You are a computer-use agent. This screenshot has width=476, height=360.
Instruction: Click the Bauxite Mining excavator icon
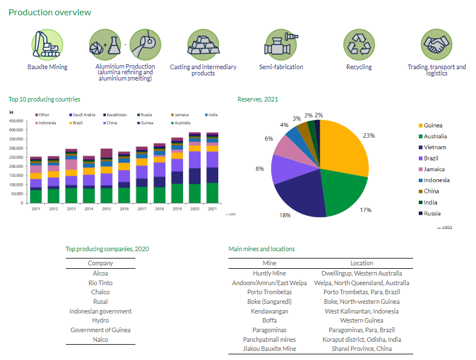pyautogui.click(x=47, y=43)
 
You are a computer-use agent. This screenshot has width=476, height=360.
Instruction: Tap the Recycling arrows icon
pyautogui.click(x=359, y=43)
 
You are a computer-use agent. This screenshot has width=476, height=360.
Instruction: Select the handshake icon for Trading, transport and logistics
pyautogui.click(x=436, y=43)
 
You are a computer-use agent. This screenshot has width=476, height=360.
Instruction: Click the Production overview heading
pyautogui.click(x=50, y=12)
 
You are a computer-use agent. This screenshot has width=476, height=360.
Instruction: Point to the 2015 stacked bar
pyautogui.click(x=106, y=176)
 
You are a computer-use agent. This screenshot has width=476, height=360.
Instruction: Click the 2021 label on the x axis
pyautogui.click(x=211, y=209)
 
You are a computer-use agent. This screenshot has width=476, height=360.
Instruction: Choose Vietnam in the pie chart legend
pyautogui.click(x=435, y=147)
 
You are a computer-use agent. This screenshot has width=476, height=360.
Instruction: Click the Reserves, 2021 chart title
pyautogui.click(x=257, y=100)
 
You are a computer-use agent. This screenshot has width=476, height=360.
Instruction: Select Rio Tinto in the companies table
pyautogui.click(x=100, y=283)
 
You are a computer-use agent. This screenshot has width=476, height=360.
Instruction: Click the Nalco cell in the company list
pyautogui.click(x=100, y=340)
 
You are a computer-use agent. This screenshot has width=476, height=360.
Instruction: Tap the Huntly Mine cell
pyautogui.click(x=270, y=273)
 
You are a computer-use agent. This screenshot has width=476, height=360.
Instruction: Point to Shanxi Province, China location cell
pyautogui.click(x=362, y=349)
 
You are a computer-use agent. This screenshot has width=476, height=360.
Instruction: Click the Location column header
pyautogui.click(x=362, y=263)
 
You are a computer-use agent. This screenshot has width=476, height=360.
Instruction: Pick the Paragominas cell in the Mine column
pyautogui.click(x=270, y=330)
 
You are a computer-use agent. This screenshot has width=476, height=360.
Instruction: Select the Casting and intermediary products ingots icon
pyautogui.click(x=203, y=43)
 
